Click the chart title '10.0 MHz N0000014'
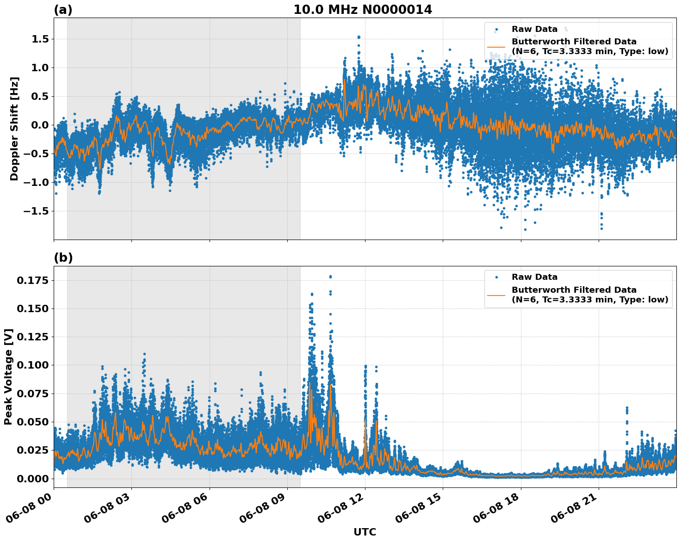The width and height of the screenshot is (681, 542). pos(363,10)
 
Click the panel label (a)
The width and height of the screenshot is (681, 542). pos(63,10)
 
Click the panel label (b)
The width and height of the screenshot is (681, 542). pos(63,258)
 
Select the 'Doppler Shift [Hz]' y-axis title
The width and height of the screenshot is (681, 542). pos(14,129)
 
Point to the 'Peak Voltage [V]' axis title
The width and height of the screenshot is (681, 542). pos(8,376)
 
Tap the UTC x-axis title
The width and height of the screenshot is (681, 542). pos(365,532)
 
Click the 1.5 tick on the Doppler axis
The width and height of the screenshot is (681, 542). pos(40,39)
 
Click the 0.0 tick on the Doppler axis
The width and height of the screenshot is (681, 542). pos(40,125)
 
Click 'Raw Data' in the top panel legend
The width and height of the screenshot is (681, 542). pos(534,29)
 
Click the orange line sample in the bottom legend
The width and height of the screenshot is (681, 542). pos(496,295)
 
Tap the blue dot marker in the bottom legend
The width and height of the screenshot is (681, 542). pos(496,277)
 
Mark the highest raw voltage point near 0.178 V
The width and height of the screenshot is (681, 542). pos(330,277)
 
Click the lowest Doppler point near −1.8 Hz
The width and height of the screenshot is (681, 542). pos(525,229)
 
